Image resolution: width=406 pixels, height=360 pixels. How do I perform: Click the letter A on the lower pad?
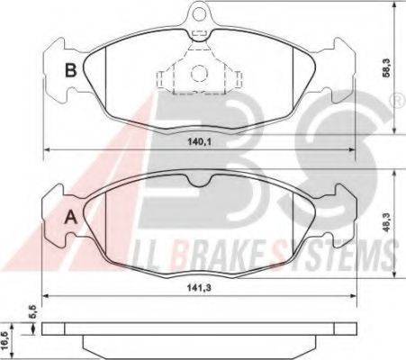(x=71, y=217)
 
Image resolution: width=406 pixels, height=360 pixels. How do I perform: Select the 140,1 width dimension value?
(x=200, y=141)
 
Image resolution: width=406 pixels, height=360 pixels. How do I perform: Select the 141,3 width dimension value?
(x=199, y=288)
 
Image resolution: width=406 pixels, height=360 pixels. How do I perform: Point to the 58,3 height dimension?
(x=386, y=67)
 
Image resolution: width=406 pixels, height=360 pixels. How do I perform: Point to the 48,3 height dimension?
(x=386, y=222)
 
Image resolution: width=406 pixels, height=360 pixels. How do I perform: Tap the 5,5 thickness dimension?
(x=33, y=311)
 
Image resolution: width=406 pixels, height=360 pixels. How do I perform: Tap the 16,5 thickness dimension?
(x=5, y=341)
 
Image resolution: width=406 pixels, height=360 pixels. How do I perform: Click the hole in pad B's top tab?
(x=199, y=13)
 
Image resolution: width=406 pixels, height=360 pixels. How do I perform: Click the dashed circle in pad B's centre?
(x=199, y=73)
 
